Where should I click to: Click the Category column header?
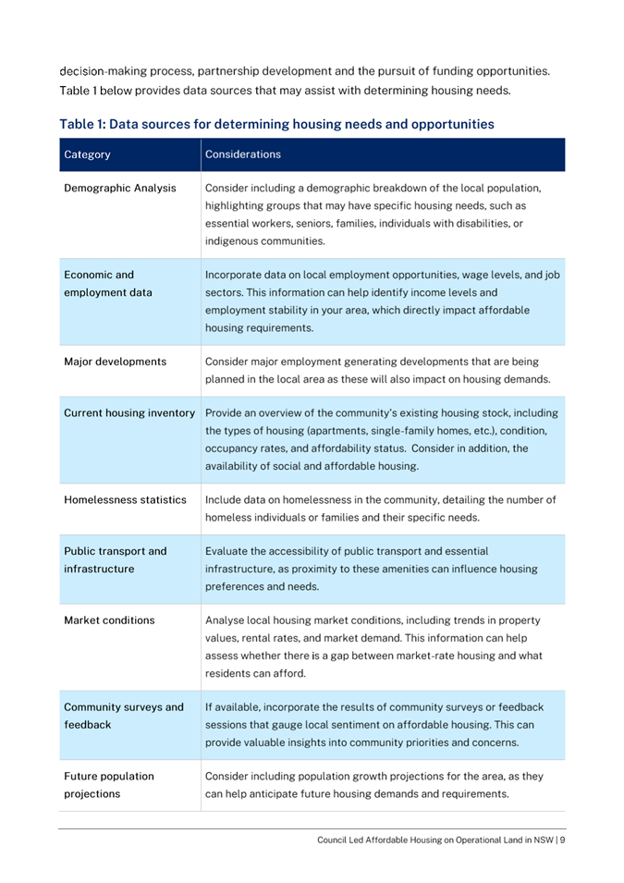[88, 155]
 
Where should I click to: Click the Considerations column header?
[243, 155]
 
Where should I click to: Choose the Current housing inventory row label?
[129, 411]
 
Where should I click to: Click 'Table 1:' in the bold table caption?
[86, 123]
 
